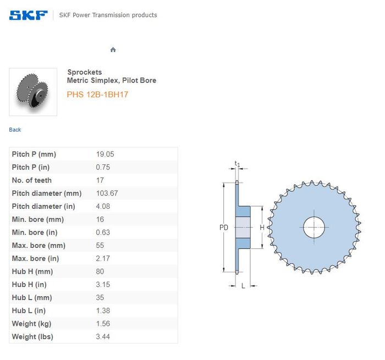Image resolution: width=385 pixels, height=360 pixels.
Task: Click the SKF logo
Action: click(x=28, y=15)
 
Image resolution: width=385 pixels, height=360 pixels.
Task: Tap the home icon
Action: click(x=113, y=50)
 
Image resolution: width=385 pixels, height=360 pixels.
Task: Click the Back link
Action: click(x=15, y=130)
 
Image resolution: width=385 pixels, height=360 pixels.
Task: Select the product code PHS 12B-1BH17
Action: click(x=97, y=95)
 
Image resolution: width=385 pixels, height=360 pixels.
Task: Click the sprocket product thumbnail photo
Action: click(x=33, y=92)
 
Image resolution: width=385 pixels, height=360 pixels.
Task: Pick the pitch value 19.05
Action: click(x=105, y=154)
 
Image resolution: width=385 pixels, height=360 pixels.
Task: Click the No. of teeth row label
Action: click(x=32, y=180)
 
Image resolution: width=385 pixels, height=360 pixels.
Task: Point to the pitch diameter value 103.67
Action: click(x=107, y=193)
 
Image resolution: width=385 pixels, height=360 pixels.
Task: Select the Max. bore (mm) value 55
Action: click(x=100, y=245)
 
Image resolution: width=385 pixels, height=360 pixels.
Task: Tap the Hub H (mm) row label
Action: click(x=32, y=272)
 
